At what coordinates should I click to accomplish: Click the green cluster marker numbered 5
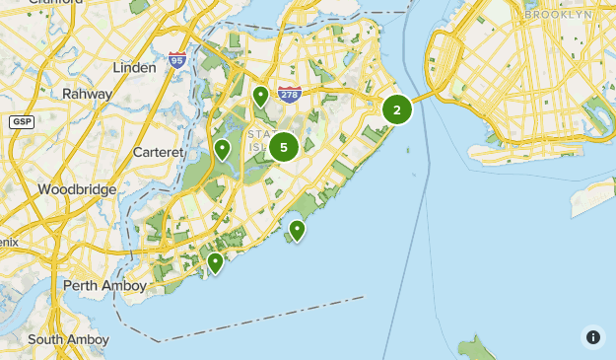tap(284, 148)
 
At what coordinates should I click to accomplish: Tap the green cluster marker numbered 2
tap(397, 109)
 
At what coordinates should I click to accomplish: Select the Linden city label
tap(135, 68)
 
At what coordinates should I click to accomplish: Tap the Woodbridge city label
tap(77, 188)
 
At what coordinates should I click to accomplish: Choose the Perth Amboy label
tap(104, 286)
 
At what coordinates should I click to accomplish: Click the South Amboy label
tap(68, 339)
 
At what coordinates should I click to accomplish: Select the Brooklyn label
tap(558, 15)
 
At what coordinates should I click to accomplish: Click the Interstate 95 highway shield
tap(176, 60)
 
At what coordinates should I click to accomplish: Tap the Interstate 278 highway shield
tap(289, 95)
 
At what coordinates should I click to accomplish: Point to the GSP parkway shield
tap(21, 121)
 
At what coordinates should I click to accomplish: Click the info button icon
tap(592, 336)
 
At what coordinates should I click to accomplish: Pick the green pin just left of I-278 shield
tap(260, 97)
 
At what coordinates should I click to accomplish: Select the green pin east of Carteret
tap(223, 150)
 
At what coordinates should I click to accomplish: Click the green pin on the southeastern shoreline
tap(296, 231)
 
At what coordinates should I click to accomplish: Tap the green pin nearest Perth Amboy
tap(215, 262)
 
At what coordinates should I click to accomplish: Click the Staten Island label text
tap(262, 140)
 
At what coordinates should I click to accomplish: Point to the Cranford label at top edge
tap(56, 3)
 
